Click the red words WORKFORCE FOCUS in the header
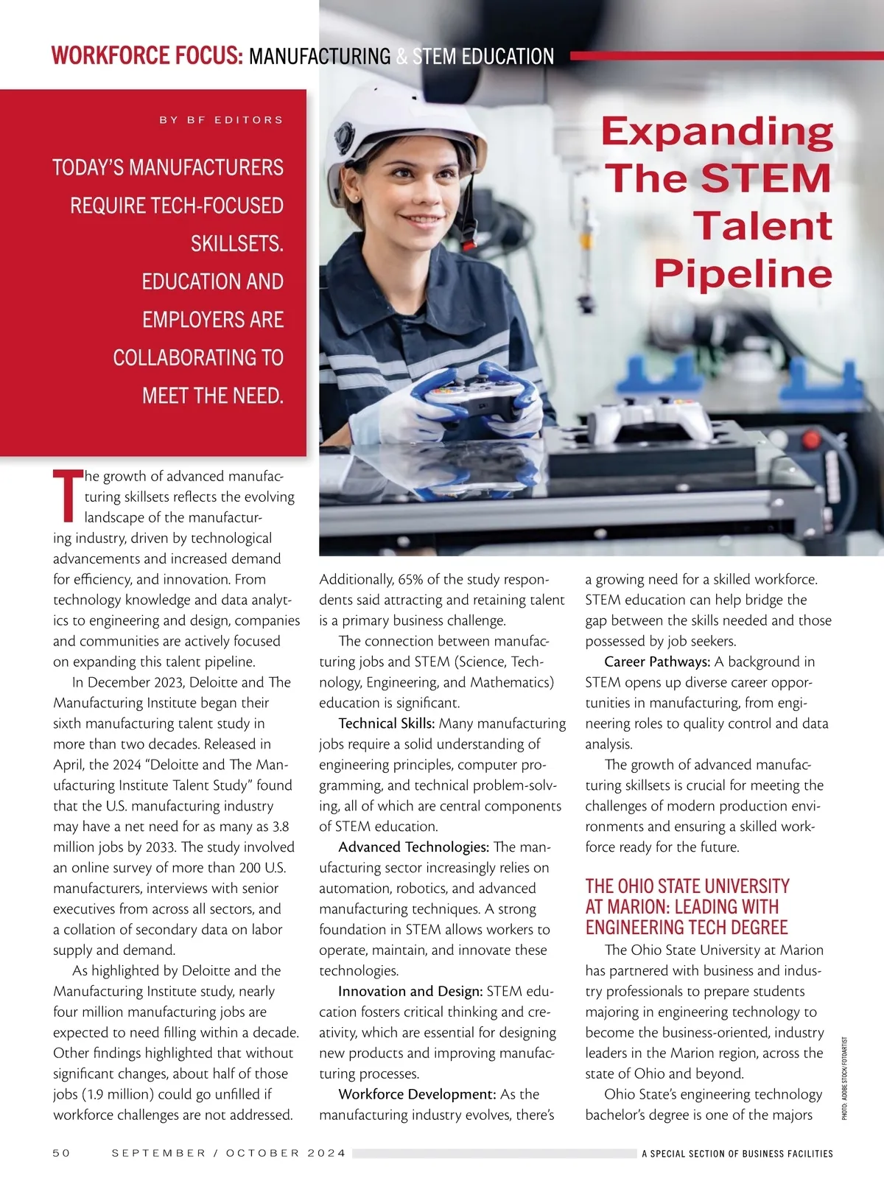point(147,56)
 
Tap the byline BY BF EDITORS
point(221,119)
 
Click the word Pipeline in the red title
point(743,273)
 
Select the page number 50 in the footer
point(61,1153)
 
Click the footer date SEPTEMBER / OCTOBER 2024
point(228,1153)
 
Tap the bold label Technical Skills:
point(387,724)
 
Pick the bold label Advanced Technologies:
point(413,847)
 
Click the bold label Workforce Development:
point(417,1095)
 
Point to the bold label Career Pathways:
point(657,662)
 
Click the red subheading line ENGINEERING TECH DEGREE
point(687,928)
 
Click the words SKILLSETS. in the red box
point(236,244)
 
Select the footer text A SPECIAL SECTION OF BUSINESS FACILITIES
point(737,1154)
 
